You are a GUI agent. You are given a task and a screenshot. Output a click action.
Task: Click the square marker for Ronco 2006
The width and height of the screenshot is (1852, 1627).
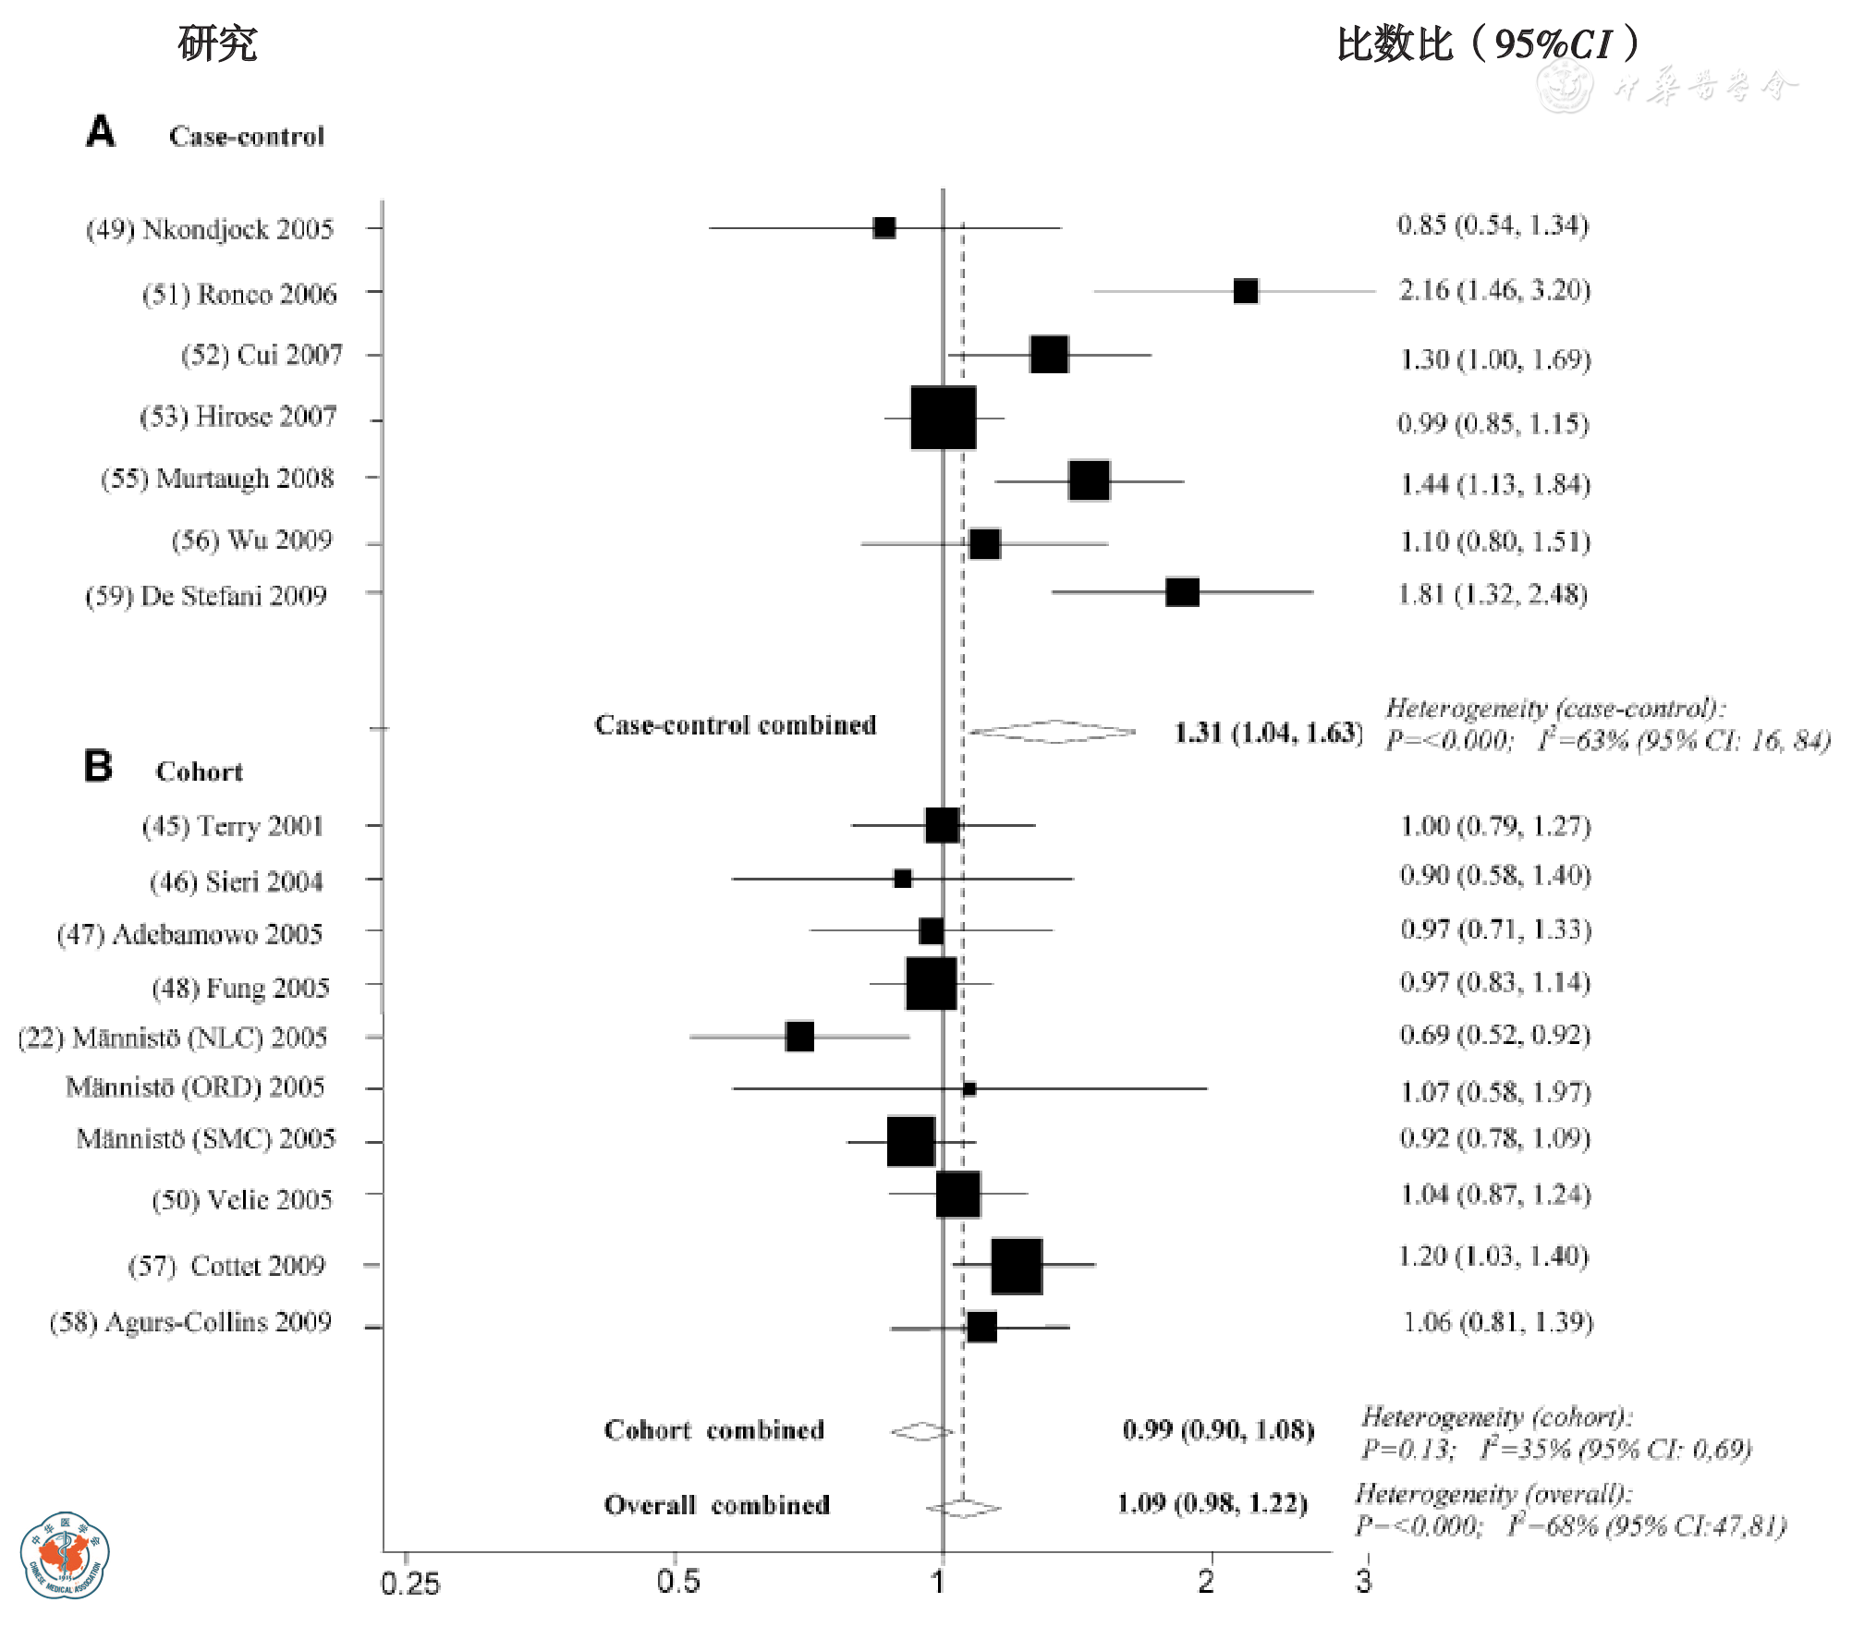tap(1245, 291)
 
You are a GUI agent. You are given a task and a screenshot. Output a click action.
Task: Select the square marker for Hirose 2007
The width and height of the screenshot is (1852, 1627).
tap(943, 418)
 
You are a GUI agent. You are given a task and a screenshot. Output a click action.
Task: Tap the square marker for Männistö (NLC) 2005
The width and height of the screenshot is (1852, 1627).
tap(799, 1037)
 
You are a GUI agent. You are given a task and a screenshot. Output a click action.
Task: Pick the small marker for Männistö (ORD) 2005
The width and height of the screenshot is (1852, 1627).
tap(969, 1088)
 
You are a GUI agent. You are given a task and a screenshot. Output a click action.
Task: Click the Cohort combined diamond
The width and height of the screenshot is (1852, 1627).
tap(921, 1431)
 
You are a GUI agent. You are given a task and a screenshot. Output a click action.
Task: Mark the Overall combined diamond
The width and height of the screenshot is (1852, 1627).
tap(963, 1508)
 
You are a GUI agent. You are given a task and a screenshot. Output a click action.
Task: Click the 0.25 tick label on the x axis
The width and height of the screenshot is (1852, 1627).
tap(410, 1583)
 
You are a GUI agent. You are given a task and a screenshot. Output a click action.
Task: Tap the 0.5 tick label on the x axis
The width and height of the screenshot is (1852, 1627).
tap(677, 1581)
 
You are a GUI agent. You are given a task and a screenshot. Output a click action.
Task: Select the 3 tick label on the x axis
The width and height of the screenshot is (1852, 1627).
tap(1363, 1581)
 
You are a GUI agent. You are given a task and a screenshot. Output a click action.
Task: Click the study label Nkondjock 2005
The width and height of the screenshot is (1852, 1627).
tap(210, 229)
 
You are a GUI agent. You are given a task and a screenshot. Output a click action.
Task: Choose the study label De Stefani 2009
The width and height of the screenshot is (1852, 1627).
tap(206, 596)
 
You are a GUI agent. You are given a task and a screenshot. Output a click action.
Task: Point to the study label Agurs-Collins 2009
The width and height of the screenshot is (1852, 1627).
tap(190, 1322)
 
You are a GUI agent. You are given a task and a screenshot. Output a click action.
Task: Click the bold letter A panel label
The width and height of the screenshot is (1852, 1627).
tap(101, 131)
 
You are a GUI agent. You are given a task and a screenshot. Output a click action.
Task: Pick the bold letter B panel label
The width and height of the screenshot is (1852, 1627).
tap(98, 766)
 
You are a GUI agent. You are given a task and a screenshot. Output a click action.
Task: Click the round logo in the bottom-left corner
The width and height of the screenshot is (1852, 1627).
tap(64, 1555)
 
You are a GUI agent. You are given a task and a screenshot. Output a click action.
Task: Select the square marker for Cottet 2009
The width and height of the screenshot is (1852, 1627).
tap(1017, 1266)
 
